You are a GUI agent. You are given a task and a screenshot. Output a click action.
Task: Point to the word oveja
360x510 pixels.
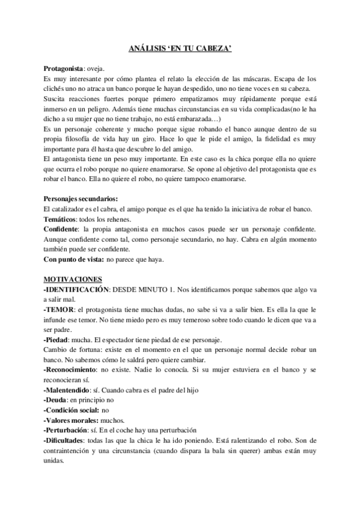click(x=96, y=69)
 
